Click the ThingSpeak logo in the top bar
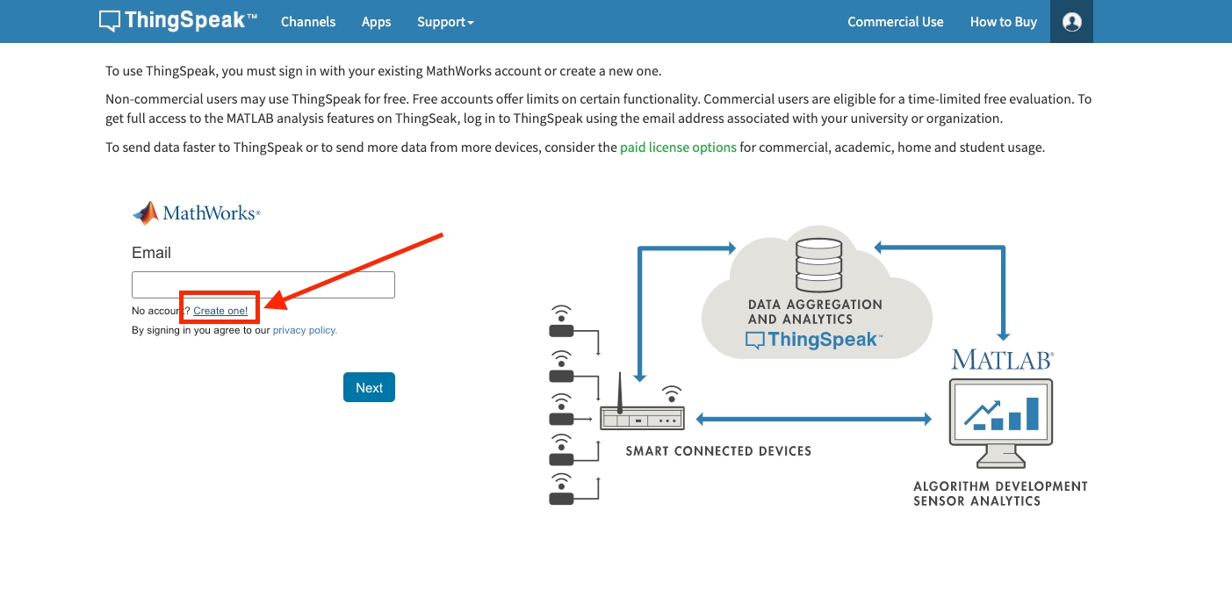[x=178, y=21]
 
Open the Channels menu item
[x=308, y=22]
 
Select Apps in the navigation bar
[x=376, y=22]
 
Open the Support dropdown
[x=445, y=22]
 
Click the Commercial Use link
[x=895, y=22]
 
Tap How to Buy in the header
[x=1003, y=22]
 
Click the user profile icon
[x=1071, y=22]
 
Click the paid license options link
[x=678, y=147]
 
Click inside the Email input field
[x=263, y=285]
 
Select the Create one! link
[x=220, y=311]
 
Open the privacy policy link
[x=305, y=330]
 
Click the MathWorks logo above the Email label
[x=196, y=213]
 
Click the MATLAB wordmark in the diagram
[x=1002, y=360]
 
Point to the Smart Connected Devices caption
[x=718, y=451]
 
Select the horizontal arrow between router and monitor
[x=812, y=420]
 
